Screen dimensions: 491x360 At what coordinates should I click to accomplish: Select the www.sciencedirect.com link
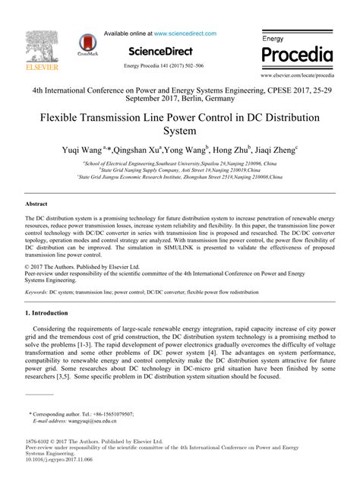pyautogui.click(x=194, y=34)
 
